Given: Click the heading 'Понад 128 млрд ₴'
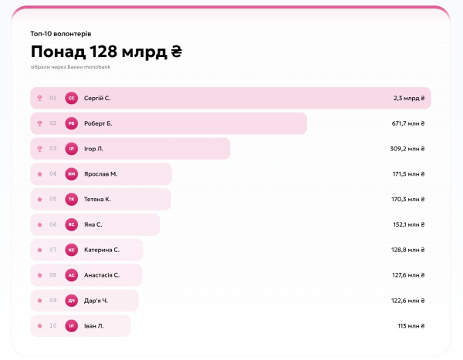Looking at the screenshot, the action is click(x=106, y=52).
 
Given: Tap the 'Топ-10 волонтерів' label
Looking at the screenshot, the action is click(x=61, y=34).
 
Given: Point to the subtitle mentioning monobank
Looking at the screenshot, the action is click(x=70, y=67).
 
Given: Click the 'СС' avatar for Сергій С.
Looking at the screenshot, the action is click(x=72, y=98).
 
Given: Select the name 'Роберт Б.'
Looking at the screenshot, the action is click(x=98, y=123).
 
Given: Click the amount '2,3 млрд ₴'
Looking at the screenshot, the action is click(x=409, y=98).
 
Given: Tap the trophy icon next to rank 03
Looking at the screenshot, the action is click(x=39, y=149).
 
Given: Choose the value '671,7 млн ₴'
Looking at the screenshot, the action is click(x=408, y=123).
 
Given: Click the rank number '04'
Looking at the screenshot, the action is click(x=52, y=173).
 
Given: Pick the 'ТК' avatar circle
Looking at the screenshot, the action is click(x=72, y=199).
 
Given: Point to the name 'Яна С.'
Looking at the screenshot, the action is click(x=93, y=224).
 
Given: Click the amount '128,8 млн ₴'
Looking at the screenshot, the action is click(x=408, y=250).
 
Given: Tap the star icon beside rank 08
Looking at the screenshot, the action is click(x=39, y=275).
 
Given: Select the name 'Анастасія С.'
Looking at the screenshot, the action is click(x=102, y=275).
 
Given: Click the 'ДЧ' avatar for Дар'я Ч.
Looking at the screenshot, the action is click(x=72, y=301).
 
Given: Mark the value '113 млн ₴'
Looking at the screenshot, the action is click(x=411, y=326).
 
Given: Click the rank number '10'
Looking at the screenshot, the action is click(x=52, y=326).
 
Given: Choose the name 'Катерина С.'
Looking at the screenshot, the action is click(x=102, y=250).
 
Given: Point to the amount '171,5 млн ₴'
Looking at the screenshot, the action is click(x=409, y=174).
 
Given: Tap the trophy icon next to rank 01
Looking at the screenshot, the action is click(x=39, y=98).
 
